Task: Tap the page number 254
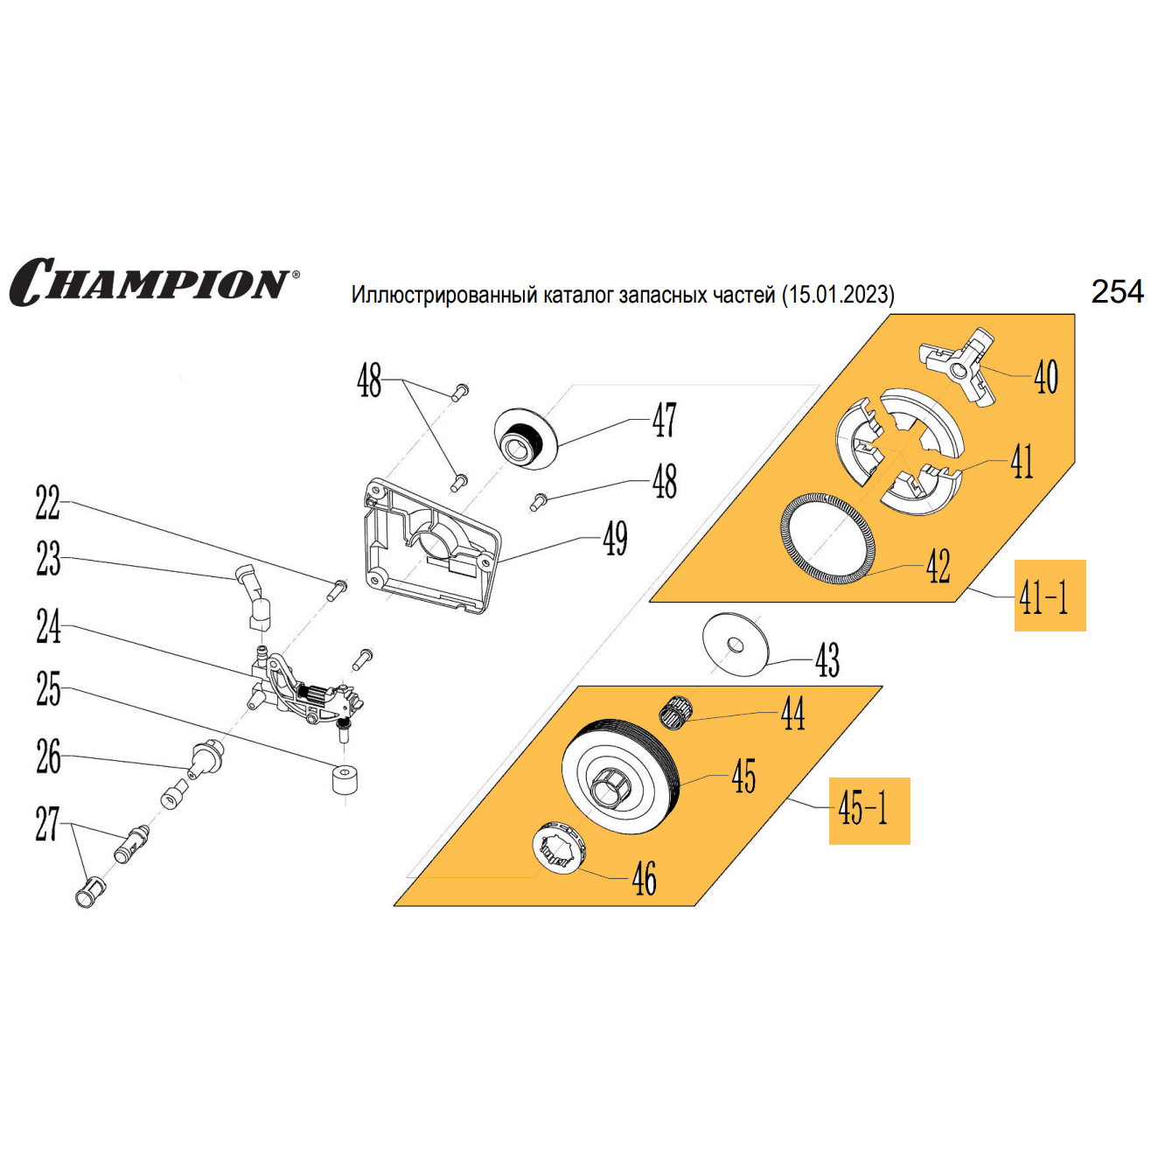[x=1117, y=291]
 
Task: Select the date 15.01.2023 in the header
[x=839, y=295]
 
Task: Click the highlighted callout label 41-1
[x=1049, y=596]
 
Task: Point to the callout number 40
[x=1046, y=377]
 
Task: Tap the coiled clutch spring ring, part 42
[x=827, y=539]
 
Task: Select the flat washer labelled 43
[x=735, y=645]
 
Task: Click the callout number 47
[x=664, y=421]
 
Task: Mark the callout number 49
[x=616, y=539]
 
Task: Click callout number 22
[x=47, y=503]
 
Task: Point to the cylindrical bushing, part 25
[x=345, y=778]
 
